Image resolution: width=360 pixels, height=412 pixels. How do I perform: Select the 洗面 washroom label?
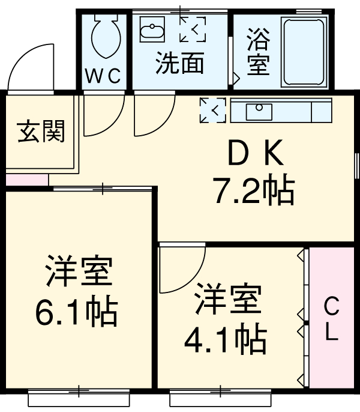tap(179, 62)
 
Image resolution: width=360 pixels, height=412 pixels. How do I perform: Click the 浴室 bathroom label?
tap(258, 52)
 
